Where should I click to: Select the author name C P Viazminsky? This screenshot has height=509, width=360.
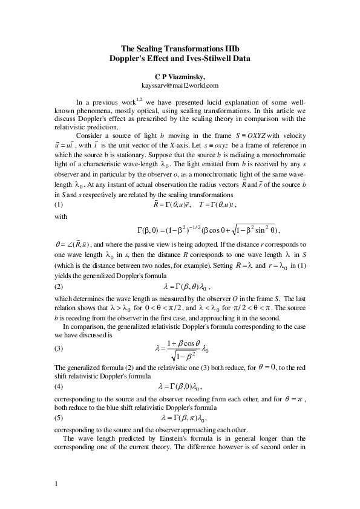[180, 77]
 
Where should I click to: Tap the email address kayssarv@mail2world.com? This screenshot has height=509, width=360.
[180, 86]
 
